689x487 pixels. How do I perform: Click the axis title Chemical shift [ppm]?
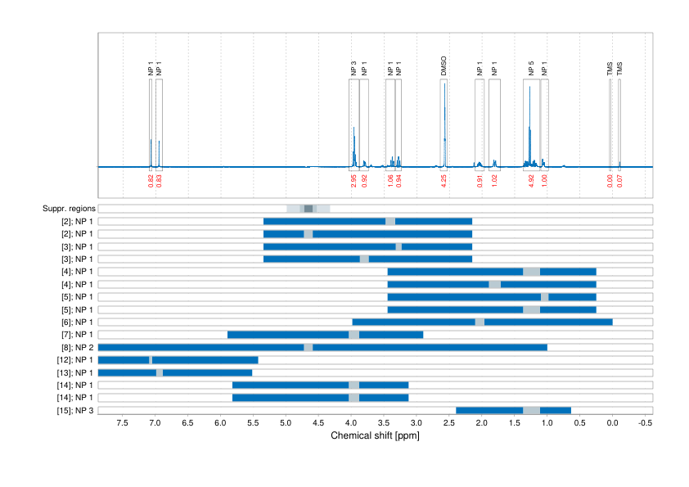point(375,435)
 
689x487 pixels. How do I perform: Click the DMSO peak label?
point(444,66)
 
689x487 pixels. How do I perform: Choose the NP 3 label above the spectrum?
point(354,68)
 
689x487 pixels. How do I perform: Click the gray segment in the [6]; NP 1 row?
point(480,322)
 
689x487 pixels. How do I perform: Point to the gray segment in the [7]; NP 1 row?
point(354,335)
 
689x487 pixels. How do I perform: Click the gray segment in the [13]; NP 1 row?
point(160,372)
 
